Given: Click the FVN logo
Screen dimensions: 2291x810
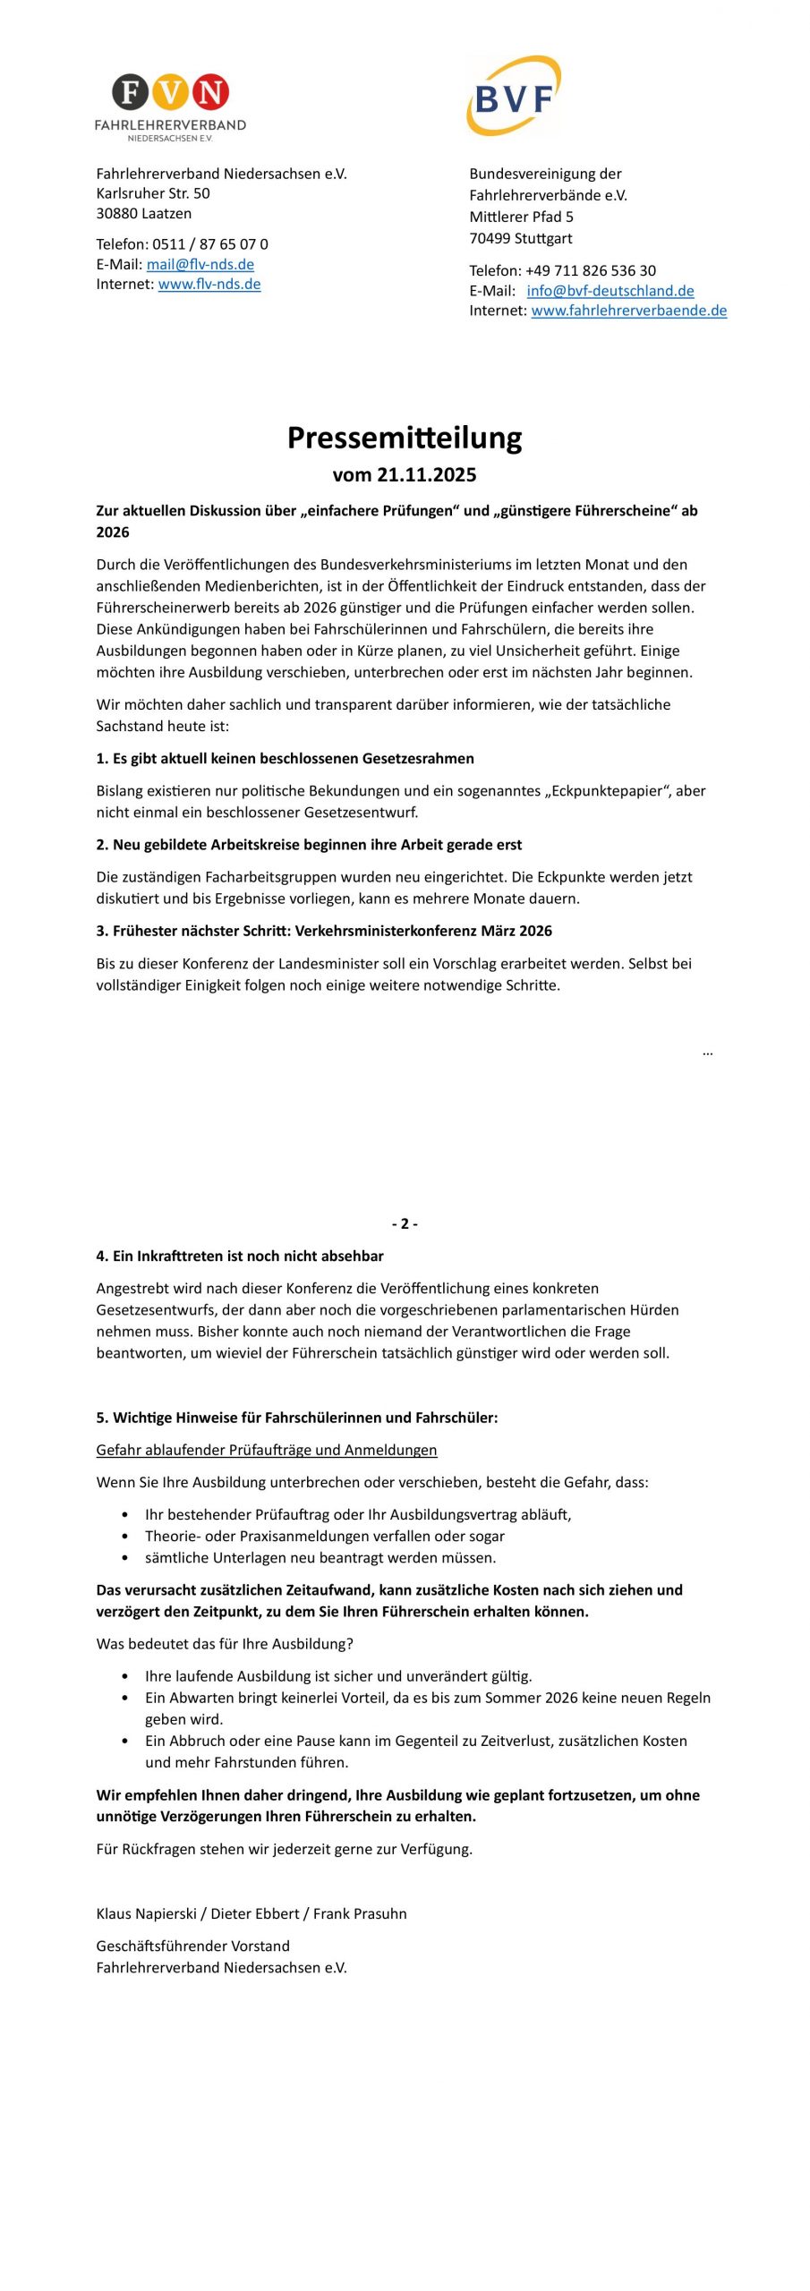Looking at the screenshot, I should [170, 106].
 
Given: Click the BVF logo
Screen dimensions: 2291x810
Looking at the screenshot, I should [514, 97].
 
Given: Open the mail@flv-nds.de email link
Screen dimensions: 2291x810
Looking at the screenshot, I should [200, 264].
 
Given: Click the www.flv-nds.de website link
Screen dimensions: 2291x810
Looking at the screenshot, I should [209, 284].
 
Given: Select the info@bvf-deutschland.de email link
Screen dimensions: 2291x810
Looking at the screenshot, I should [610, 291].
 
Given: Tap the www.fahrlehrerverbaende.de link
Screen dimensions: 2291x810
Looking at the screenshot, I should [628, 311].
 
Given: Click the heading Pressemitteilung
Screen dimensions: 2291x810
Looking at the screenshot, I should [405, 438].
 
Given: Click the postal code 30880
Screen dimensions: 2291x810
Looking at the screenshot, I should [116, 213].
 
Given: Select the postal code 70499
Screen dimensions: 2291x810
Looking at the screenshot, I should [490, 238].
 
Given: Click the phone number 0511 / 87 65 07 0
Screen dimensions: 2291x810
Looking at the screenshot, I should [210, 244].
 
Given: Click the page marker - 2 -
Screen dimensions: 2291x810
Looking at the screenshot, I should [405, 1223].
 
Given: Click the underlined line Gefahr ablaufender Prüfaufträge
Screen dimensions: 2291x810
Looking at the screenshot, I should [267, 1450].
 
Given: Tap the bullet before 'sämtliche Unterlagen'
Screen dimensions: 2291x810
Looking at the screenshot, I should [124, 1558].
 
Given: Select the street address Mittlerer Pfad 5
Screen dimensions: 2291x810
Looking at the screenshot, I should [522, 217].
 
